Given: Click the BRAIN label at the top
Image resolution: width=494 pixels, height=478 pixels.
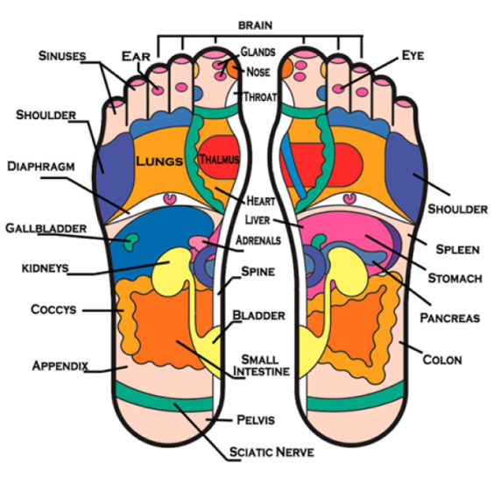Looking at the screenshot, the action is pyautogui.click(x=255, y=25).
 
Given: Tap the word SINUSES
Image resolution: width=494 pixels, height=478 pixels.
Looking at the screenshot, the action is pyautogui.click(x=62, y=56).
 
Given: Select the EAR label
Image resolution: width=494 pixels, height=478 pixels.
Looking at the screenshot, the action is pyautogui.click(x=136, y=56).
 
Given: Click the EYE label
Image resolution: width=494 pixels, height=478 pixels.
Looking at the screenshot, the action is pyautogui.click(x=413, y=55).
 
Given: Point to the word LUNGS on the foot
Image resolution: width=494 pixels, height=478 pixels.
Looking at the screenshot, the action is pyautogui.click(x=159, y=161).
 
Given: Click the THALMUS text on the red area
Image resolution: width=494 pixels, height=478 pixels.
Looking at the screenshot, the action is pyautogui.click(x=219, y=159).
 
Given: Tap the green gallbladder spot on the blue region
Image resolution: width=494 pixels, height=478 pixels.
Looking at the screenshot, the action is pyautogui.click(x=131, y=242).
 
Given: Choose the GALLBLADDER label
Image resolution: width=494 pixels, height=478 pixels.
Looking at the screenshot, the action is pyautogui.click(x=46, y=228).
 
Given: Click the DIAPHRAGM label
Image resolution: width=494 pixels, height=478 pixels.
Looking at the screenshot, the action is pyautogui.click(x=41, y=167).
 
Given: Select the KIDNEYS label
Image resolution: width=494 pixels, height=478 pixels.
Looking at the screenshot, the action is pyautogui.click(x=45, y=268).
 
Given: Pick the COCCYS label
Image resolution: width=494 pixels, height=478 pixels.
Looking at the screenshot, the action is pyautogui.click(x=53, y=310).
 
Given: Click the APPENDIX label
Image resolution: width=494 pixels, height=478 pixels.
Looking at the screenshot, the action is pyautogui.click(x=60, y=366).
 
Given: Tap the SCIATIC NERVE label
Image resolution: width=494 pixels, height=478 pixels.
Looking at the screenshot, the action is pyautogui.click(x=272, y=452).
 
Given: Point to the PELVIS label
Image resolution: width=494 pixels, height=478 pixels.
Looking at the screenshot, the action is pyautogui.click(x=256, y=419).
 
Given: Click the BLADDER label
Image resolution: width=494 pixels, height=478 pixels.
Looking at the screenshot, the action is pyautogui.click(x=258, y=315).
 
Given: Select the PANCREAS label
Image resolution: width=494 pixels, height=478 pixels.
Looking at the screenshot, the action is pyautogui.click(x=450, y=317).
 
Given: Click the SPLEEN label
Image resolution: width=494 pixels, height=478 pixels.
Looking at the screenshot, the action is pyautogui.click(x=457, y=249).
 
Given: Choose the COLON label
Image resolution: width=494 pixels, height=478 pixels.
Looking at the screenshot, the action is pyautogui.click(x=442, y=360).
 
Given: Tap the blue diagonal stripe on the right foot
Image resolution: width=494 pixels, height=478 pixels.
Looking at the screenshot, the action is pyautogui.click(x=293, y=166).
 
